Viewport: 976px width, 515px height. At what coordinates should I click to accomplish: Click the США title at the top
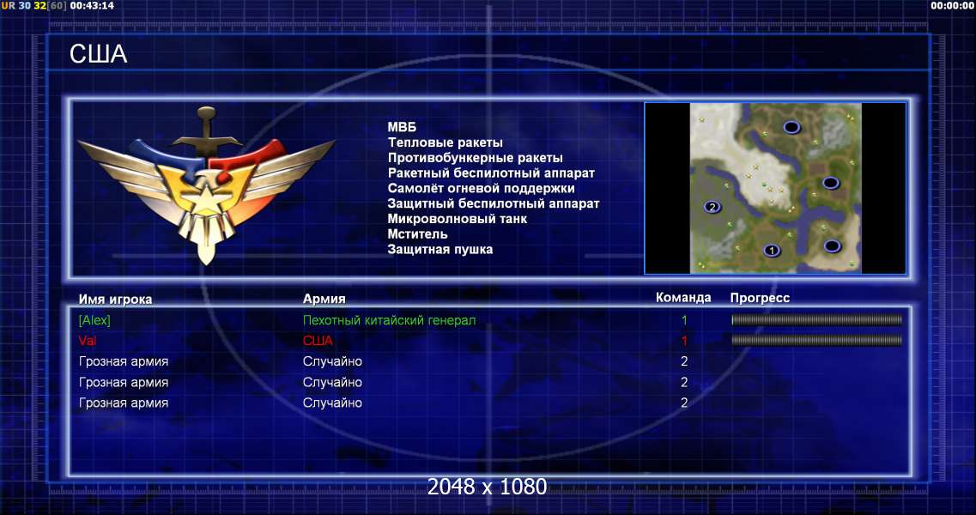pyautogui.click(x=99, y=54)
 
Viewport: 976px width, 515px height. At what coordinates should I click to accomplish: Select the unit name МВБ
pyautogui.click(x=402, y=127)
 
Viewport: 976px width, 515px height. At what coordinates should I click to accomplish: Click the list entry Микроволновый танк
pyautogui.click(x=458, y=219)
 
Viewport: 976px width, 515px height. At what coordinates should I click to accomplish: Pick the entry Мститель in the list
pyautogui.click(x=418, y=234)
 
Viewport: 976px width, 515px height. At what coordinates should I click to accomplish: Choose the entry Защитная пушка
pyautogui.click(x=440, y=250)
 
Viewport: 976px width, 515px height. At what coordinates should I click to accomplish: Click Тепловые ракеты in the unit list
pyautogui.click(x=445, y=142)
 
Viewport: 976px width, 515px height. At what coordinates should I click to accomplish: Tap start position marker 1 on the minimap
pyautogui.click(x=772, y=251)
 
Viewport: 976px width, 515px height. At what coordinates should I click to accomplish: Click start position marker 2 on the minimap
pyautogui.click(x=712, y=207)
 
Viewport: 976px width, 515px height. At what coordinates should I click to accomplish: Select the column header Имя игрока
pyautogui.click(x=115, y=299)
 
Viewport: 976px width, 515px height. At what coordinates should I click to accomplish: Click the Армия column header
pyautogui.click(x=324, y=299)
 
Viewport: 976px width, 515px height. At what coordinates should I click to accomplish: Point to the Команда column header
pyautogui.click(x=683, y=298)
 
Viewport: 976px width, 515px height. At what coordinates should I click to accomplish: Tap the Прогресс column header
pyautogui.click(x=760, y=298)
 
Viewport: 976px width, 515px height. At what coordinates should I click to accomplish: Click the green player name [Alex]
pyautogui.click(x=94, y=320)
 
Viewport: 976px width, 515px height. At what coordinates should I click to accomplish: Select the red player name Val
pyautogui.click(x=88, y=341)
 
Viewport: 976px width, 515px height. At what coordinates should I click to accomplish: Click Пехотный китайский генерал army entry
pyautogui.click(x=390, y=320)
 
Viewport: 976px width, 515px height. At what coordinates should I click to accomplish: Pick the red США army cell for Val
pyautogui.click(x=318, y=341)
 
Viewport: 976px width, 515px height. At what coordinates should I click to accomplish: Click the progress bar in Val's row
pyautogui.click(x=816, y=341)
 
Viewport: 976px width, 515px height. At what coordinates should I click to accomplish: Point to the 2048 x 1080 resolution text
pyautogui.click(x=488, y=487)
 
